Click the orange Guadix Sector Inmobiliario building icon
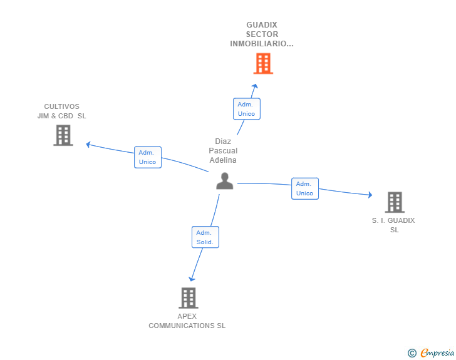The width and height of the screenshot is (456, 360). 263,63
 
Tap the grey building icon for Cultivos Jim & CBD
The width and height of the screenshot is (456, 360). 63,135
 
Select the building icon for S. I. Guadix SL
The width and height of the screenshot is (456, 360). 394,202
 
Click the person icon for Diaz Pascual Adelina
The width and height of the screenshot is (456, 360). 224,182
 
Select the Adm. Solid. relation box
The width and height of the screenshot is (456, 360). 205,237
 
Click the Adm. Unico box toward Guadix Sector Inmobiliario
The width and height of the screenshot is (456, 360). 246,109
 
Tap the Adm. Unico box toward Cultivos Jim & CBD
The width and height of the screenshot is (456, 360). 148,157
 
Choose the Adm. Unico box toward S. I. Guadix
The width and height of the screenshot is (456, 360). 304,188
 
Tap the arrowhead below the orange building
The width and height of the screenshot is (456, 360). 255,86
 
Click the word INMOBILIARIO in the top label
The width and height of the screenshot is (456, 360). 261,44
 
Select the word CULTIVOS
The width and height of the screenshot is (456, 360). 61,106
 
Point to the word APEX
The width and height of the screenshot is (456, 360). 187,316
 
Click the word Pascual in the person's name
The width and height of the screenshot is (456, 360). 223,151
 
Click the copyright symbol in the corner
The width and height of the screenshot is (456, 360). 412,353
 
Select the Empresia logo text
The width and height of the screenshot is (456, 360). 437,353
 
